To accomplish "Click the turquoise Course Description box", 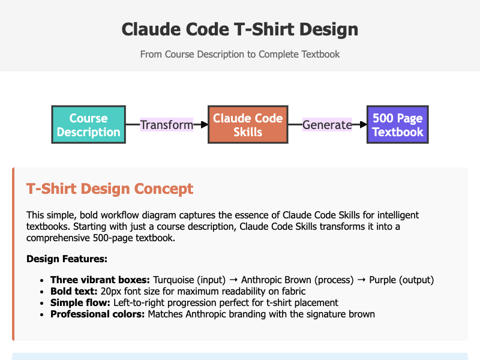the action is pos(88,125).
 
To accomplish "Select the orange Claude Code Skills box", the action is pos(248,125).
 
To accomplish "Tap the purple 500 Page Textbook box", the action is pos(398,125).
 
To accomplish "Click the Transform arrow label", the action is pos(167,125).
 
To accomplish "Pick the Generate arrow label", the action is pos(327,125).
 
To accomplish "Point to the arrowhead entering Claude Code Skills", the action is pos(205,125).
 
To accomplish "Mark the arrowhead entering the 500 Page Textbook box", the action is pos(364,125).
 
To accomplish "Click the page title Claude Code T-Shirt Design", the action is pos(240,29).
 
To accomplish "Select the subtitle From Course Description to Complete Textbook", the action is pos(240,54).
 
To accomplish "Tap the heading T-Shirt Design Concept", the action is pos(110,188).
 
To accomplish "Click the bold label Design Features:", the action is pos(67,259).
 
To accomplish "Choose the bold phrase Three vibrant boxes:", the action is pos(100,280).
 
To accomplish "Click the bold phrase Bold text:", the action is pos(74,291).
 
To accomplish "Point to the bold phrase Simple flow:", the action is pos(80,302).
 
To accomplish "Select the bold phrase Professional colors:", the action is pos(97,314).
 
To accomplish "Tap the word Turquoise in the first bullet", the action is pos(173,280).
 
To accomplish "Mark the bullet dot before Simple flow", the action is pos(42,303).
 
